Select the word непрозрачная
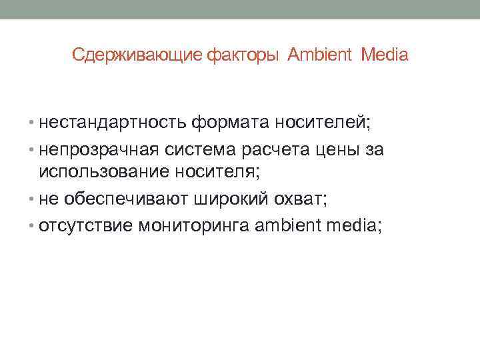tap(98, 151)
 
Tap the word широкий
tap(236, 199)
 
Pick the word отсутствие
tap(87, 226)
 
